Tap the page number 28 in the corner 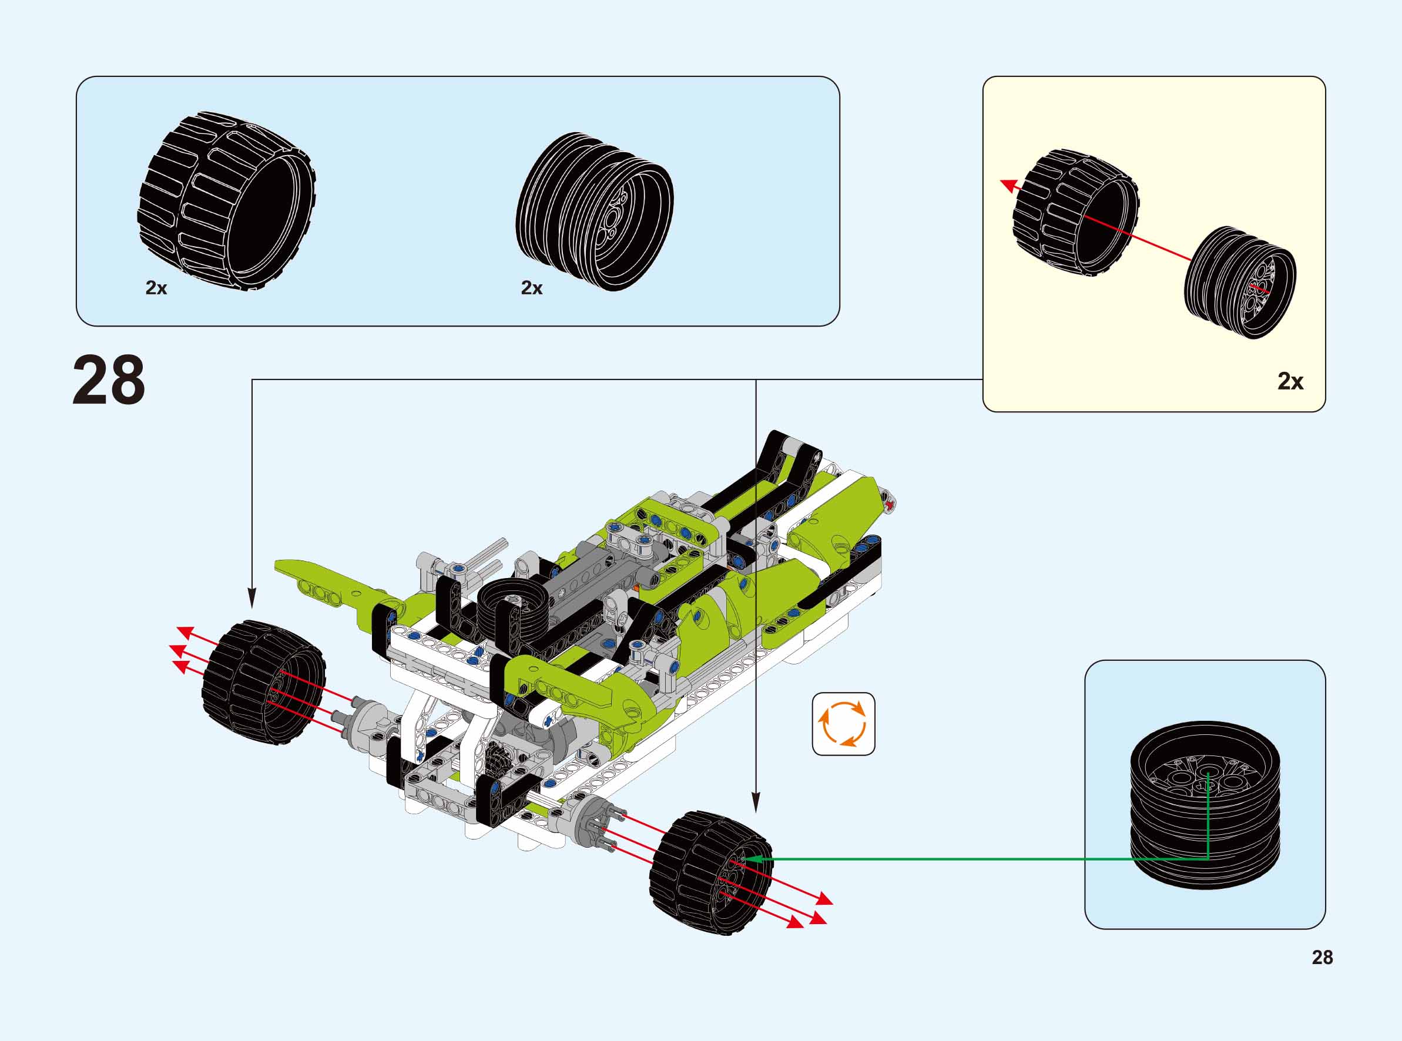point(1322,957)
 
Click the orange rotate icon point(843,723)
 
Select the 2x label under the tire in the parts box point(156,288)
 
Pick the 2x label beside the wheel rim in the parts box point(531,288)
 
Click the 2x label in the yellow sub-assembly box point(1290,381)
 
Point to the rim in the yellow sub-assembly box point(1239,281)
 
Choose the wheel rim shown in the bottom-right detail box point(1205,804)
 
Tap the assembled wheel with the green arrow point(711,872)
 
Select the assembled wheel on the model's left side point(263,683)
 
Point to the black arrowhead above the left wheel point(252,599)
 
